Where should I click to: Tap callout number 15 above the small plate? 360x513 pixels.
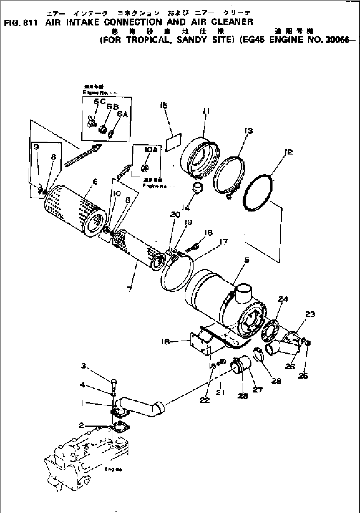coord(163,106)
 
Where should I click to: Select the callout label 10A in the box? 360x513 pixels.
coord(150,150)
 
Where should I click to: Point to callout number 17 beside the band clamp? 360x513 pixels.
coord(224,242)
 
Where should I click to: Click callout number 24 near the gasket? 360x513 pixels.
coord(283,299)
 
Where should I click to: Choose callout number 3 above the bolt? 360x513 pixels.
coord(84,365)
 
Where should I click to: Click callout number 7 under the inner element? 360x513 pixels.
coord(130,289)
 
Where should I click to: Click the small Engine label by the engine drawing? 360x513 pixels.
coord(113,470)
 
